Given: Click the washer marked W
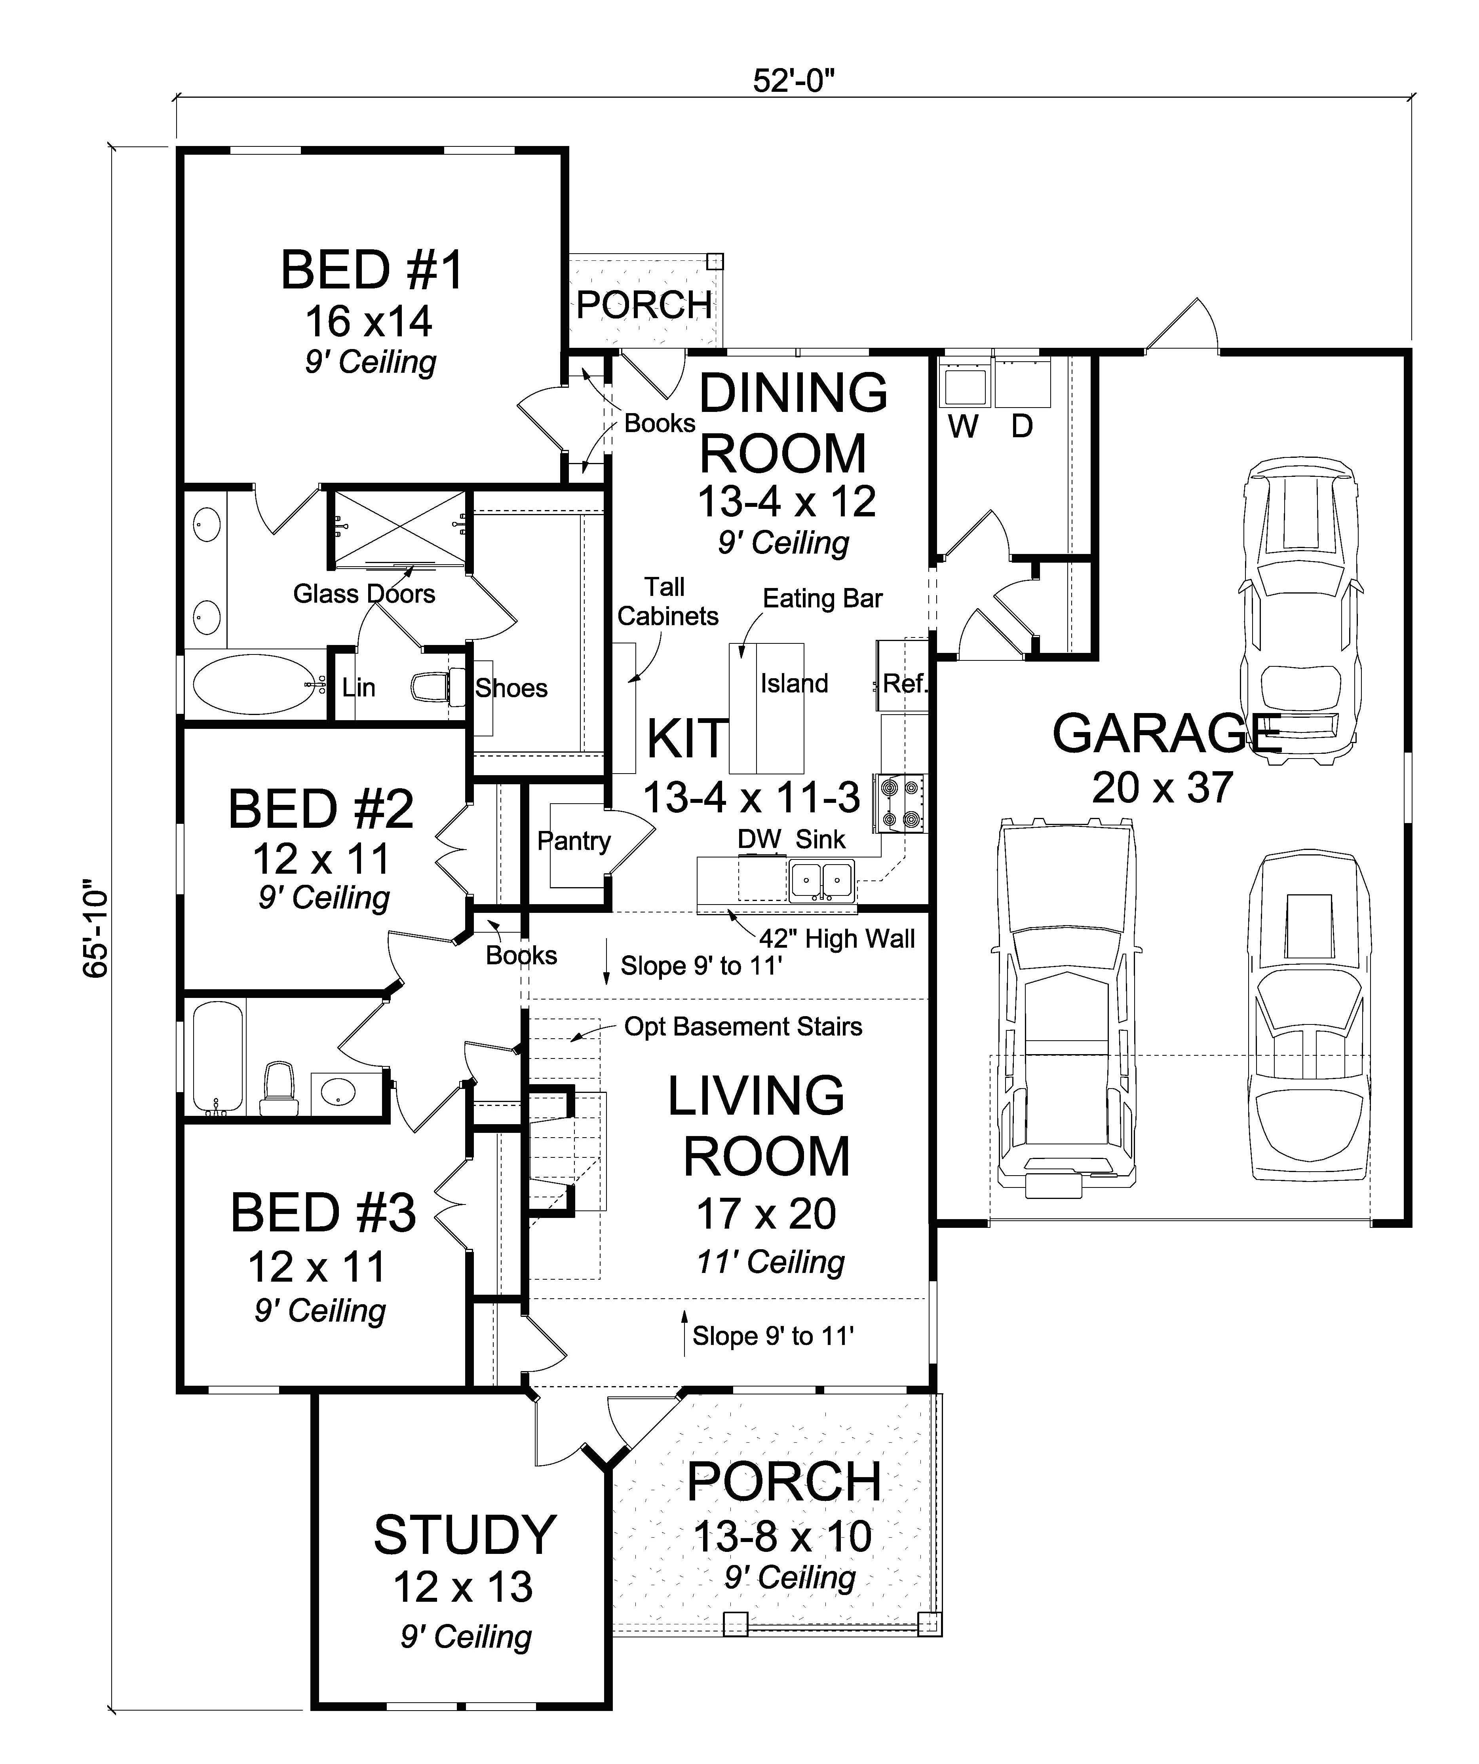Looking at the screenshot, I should (x=964, y=387).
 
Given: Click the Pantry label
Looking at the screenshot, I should (x=574, y=841).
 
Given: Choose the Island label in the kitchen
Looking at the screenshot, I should (x=794, y=684).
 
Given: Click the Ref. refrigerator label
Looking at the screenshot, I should (x=904, y=684).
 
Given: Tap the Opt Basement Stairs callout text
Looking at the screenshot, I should (x=743, y=1026).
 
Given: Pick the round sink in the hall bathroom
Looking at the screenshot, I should (x=338, y=1093).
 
